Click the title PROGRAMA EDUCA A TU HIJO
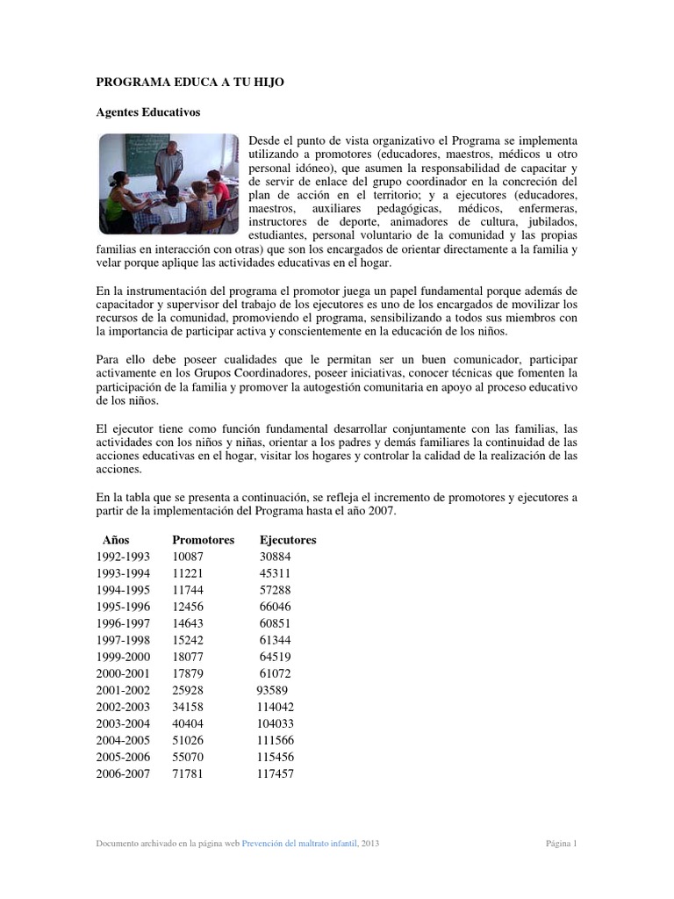click(190, 82)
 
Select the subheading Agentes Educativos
click(147, 112)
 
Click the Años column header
click(116, 540)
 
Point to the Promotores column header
click(204, 540)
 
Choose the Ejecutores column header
click(288, 540)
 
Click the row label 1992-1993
click(123, 557)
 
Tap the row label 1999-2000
click(123, 657)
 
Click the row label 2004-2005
click(123, 740)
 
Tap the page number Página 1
click(561, 844)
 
